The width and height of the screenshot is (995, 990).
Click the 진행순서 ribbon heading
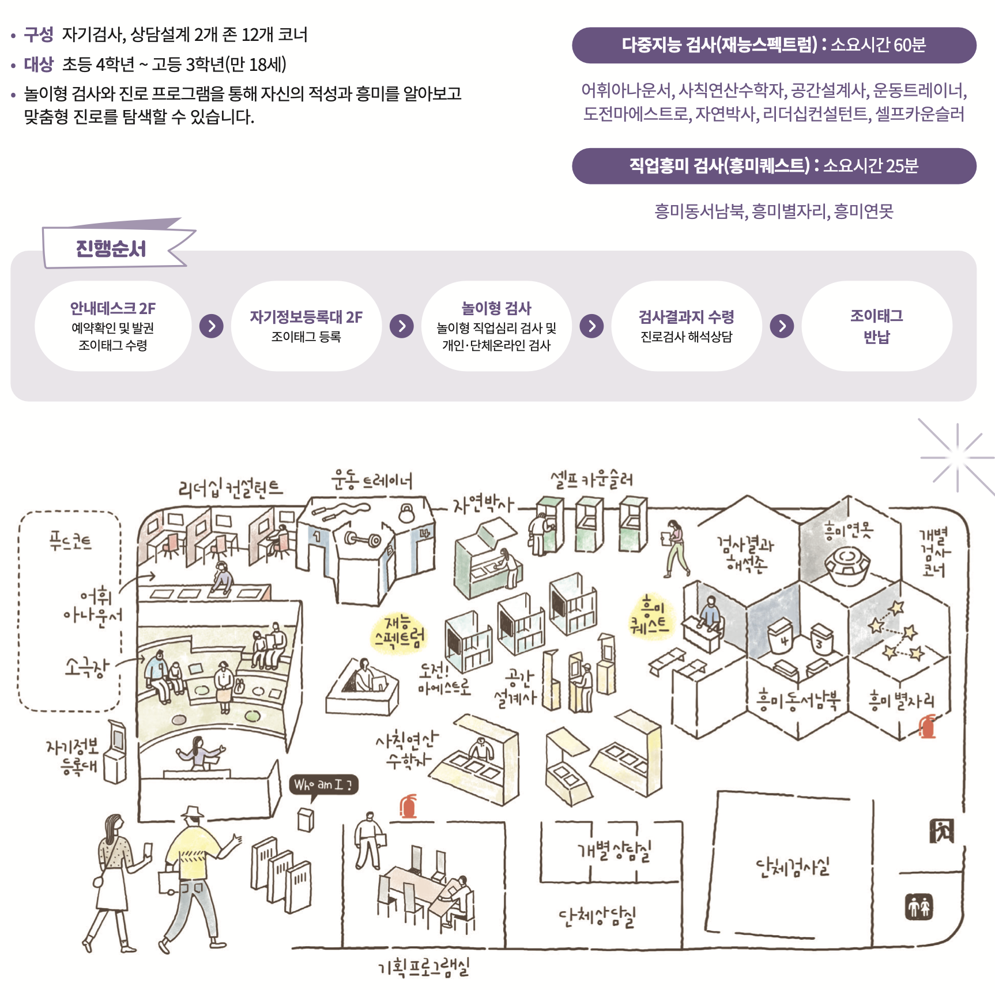pos(111,249)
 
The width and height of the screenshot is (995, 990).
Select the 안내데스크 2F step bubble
pos(113,326)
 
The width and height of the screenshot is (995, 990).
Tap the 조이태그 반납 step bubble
pos(876,326)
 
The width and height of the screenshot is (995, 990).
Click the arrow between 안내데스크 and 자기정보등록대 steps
pos(212,326)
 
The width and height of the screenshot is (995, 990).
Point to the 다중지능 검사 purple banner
pos(774,45)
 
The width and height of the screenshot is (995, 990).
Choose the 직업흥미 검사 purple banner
pos(774,166)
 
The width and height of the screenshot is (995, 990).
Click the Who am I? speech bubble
pos(323,785)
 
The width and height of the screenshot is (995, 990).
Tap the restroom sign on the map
pos(918,907)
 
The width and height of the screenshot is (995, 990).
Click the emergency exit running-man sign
pos(941,831)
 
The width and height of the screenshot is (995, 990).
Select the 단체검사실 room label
pos(793,867)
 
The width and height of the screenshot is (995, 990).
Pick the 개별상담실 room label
pos(615,850)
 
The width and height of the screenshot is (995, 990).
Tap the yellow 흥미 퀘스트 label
pos(650,615)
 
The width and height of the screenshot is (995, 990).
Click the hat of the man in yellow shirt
pos(193,813)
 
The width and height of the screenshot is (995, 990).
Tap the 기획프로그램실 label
pos(424,968)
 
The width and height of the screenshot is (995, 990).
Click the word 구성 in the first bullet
pos(38,35)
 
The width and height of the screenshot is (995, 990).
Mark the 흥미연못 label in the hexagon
pos(848,529)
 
